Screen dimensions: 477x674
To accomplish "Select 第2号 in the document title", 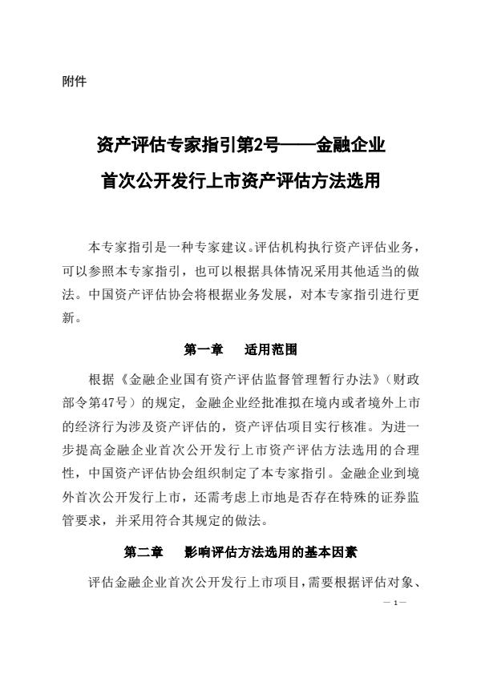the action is pyautogui.click(x=260, y=147).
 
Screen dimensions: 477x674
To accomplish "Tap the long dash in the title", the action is pyautogui.click(x=297, y=147).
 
